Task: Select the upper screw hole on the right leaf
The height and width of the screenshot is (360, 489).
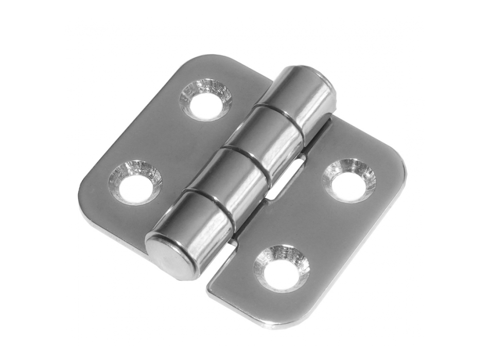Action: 349,180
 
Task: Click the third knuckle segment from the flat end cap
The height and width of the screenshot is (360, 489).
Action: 265,136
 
